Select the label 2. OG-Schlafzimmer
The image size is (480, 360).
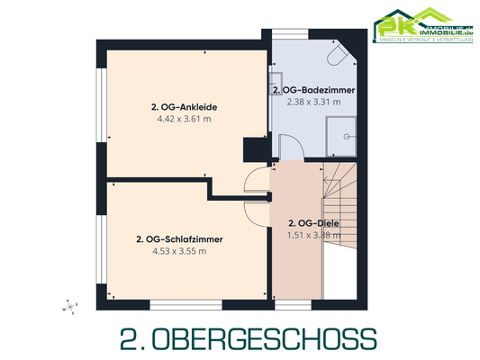(x=179, y=239)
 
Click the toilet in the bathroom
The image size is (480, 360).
(x=338, y=56)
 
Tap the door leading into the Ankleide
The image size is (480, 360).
(x=257, y=180)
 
